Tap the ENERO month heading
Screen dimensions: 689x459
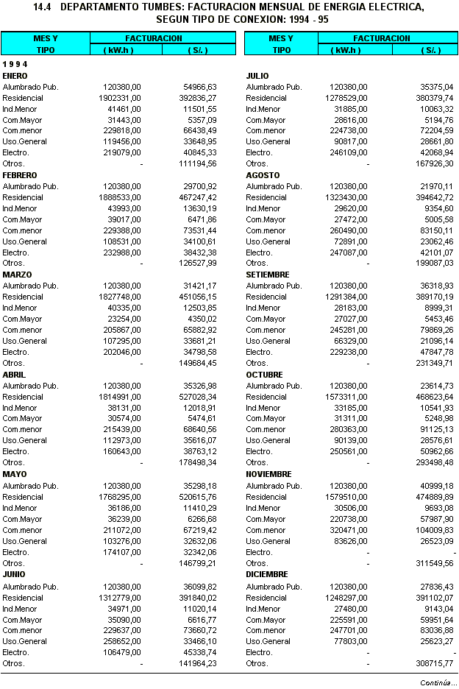pos(15,76)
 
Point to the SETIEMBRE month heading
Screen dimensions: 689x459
pos(268,275)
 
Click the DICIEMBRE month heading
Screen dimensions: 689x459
pos(267,574)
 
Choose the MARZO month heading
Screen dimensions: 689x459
pos(16,275)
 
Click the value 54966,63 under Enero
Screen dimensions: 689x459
pos(200,87)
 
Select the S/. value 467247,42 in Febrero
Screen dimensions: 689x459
pos(198,197)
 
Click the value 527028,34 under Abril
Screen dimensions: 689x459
pos(198,397)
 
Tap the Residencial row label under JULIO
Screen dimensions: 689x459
pos(266,98)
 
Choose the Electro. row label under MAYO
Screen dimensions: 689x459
pos(15,552)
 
